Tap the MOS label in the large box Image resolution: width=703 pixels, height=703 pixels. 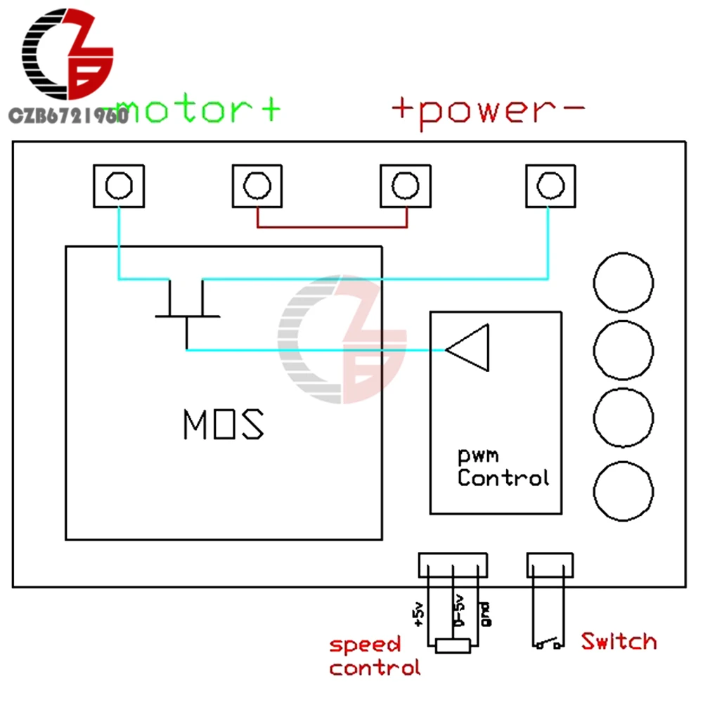[224, 424]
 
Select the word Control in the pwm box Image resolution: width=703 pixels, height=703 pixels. [503, 477]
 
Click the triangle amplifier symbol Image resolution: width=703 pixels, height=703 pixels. [467, 348]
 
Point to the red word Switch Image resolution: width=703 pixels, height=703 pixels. [619, 641]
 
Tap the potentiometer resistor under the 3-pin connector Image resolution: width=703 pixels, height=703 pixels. [453, 646]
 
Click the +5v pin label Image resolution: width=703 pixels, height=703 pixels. [418, 614]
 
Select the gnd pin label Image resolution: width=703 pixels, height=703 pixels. [486, 614]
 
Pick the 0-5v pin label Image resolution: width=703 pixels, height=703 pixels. [458, 611]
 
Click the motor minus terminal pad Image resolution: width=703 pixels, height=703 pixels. [119, 186]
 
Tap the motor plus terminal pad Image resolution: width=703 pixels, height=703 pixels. [257, 186]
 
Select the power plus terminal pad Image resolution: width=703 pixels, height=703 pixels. [406, 186]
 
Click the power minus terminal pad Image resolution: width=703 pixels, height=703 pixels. [550, 186]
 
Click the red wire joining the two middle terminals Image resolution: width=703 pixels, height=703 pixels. [333, 227]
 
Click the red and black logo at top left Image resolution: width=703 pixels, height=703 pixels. [67, 54]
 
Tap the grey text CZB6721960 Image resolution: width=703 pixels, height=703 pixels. [69, 116]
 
